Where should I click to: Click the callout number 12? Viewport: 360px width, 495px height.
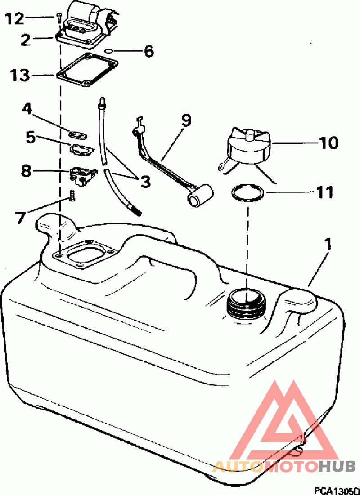coord(14,19)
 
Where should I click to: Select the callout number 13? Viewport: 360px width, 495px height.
coord(20,76)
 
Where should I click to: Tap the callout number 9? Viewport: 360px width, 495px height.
coord(186,120)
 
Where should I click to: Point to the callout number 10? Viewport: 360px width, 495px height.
coord(328,143)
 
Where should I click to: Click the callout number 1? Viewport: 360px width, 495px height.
coord(328,245)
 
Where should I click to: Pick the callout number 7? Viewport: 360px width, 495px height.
coord(21,217)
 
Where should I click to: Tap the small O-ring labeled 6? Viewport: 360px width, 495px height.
coord(108,51)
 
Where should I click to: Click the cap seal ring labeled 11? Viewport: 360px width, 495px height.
coord(247,193)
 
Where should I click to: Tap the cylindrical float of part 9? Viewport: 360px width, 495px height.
coord(200,196)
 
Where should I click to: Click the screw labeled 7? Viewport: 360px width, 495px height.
coord(72,196)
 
